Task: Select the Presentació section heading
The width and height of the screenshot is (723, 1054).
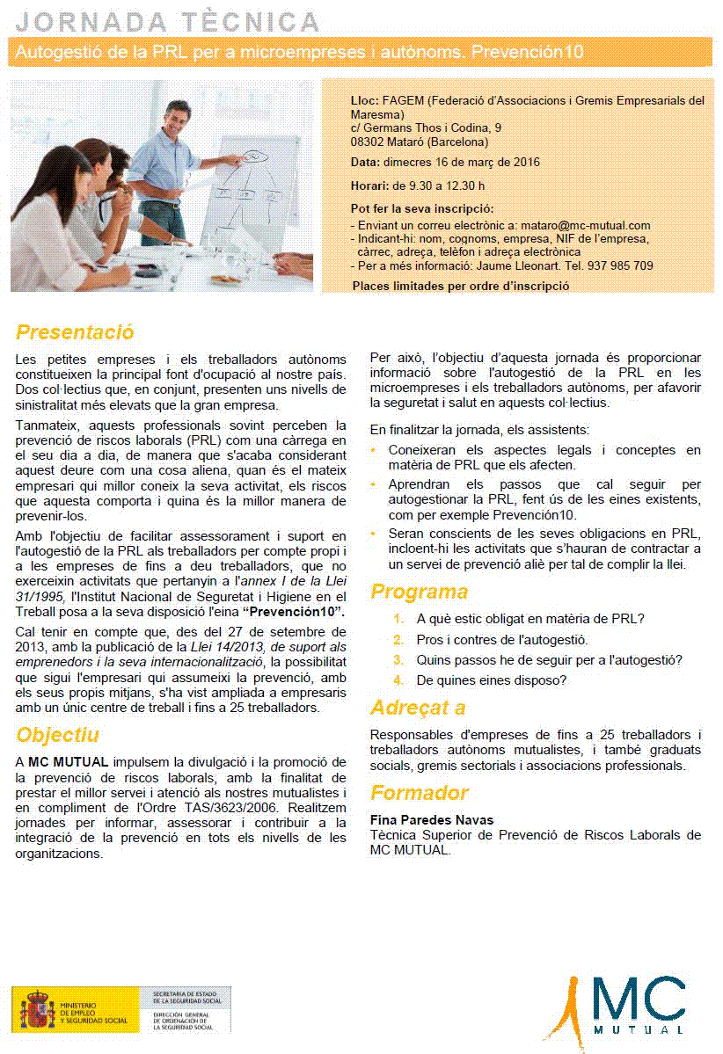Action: click(x=75, y=333)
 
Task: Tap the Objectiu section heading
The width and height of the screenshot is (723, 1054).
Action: click(x=58, y=735)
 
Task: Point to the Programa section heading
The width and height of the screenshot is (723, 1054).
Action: click(x=419, y=592)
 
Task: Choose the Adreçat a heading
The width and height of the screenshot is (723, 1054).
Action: click(x=418, y=708)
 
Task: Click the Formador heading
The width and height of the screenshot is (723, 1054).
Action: click(x=420, y=793)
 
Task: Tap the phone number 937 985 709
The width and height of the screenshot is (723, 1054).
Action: click(x=621, y=265)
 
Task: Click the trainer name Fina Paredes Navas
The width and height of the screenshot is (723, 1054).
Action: click(x=432, y=820)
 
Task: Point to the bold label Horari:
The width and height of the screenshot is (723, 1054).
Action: click(x=369, y=185)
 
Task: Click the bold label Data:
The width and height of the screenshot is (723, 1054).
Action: click(x=365, y=163)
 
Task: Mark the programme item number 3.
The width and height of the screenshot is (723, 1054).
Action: click(x=398, y=660)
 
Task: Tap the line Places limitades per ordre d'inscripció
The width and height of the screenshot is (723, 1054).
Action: click(x=460, y=286)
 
